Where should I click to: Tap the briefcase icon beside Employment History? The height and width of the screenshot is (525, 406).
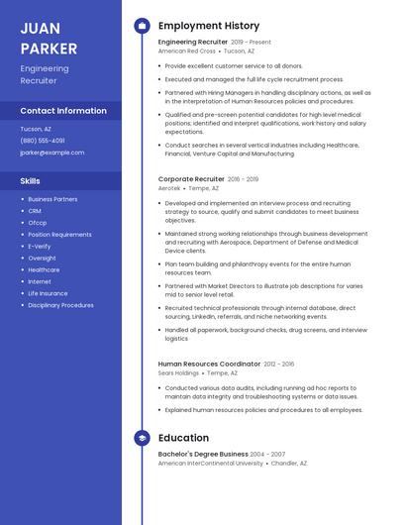(141, 26)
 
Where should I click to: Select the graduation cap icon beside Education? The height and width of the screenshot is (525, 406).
(141, 438)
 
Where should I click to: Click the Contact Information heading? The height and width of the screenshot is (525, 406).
(63, 111)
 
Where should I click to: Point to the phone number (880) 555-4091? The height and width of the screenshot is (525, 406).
(43, 141)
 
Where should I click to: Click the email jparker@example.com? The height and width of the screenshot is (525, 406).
(52, 153)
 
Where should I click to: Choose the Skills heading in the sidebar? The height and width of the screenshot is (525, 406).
(31, 181)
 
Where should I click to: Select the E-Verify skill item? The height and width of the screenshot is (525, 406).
(40, 246)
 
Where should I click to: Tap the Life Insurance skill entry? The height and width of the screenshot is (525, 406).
(48, 293)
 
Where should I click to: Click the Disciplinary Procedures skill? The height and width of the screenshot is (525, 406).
(60, 305)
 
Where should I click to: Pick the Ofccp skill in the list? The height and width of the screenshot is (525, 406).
(37, 222)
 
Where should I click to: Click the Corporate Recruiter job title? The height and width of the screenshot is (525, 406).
(191, 179)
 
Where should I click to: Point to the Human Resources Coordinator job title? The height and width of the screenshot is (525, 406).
(210, 365)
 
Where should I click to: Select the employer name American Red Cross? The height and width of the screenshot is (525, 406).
(186, 51)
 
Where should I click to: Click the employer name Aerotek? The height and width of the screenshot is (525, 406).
(169, 187)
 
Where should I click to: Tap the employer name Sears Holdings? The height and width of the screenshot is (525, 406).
(178, 373)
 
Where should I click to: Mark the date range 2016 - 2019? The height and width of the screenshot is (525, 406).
(243, 179)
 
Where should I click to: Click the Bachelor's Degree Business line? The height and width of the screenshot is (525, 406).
(203, 454)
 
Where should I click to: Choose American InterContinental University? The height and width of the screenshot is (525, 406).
(210, 463)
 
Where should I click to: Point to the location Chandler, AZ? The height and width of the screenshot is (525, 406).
(289, 463)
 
